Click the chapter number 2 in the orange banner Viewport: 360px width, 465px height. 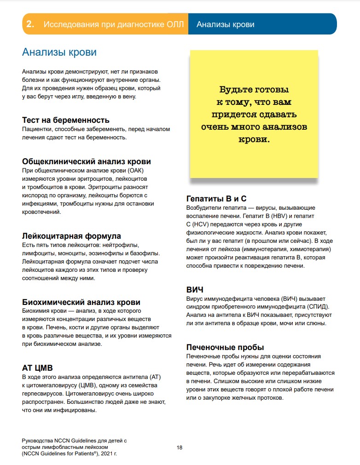pos(30,24)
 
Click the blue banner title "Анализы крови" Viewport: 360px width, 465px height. pos(225,24)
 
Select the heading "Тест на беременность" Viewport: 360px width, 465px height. pos(66,121)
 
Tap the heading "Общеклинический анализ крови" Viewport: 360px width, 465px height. pos(87,161)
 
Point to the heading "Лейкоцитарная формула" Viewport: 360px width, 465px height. pos(71,236)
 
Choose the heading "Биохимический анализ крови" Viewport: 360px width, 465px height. pos(81,302)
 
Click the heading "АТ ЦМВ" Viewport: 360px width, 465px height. pos(37,368)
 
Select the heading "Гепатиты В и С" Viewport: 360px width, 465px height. pos(216,199)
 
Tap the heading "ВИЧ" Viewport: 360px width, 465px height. pos(195,290)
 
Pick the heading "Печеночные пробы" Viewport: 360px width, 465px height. pos(225,347)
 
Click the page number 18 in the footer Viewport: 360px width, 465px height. pos(180,447)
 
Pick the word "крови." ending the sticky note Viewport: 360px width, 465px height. pos(254,138)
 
